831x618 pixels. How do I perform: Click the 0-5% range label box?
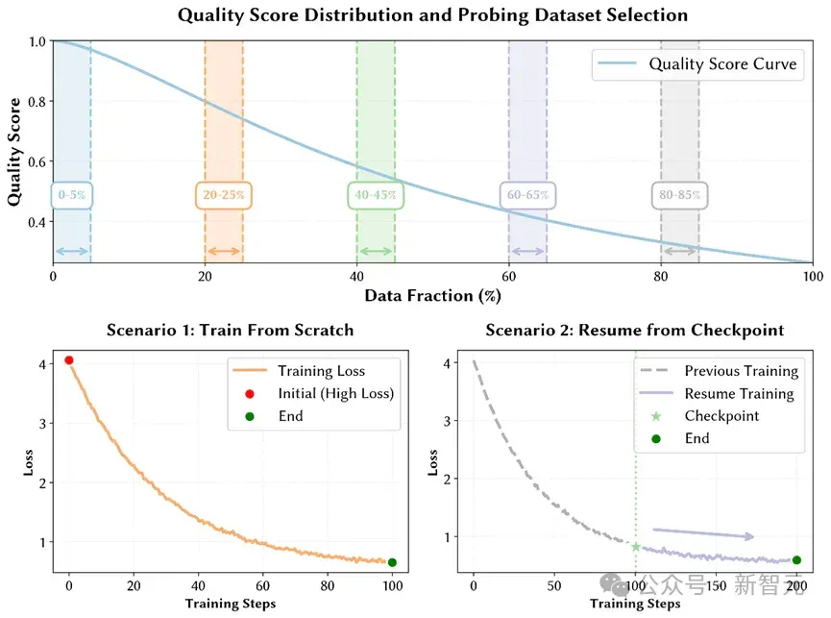71,195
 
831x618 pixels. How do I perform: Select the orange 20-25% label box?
224,195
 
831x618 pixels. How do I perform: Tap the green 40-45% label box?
376,195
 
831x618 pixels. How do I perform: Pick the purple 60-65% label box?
527,195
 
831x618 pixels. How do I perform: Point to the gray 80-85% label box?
679,195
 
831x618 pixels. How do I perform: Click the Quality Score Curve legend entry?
697,64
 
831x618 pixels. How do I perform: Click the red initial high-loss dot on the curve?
69,360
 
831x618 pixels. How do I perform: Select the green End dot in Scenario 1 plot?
392,562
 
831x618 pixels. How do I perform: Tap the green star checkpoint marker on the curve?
636,547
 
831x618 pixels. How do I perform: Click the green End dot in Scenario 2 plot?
796,560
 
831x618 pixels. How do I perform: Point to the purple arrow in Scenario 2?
703,533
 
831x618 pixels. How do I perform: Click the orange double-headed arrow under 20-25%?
224,251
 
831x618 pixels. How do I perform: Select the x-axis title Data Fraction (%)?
432,296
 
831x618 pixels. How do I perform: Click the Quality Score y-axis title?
13,152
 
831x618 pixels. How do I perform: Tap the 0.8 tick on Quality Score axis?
37,102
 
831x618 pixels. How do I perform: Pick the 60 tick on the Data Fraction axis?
509,276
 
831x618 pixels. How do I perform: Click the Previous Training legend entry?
720,371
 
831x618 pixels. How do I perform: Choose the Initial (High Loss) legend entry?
320,394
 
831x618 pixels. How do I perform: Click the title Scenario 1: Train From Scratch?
230,331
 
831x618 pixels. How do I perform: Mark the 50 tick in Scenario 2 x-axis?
554,585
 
